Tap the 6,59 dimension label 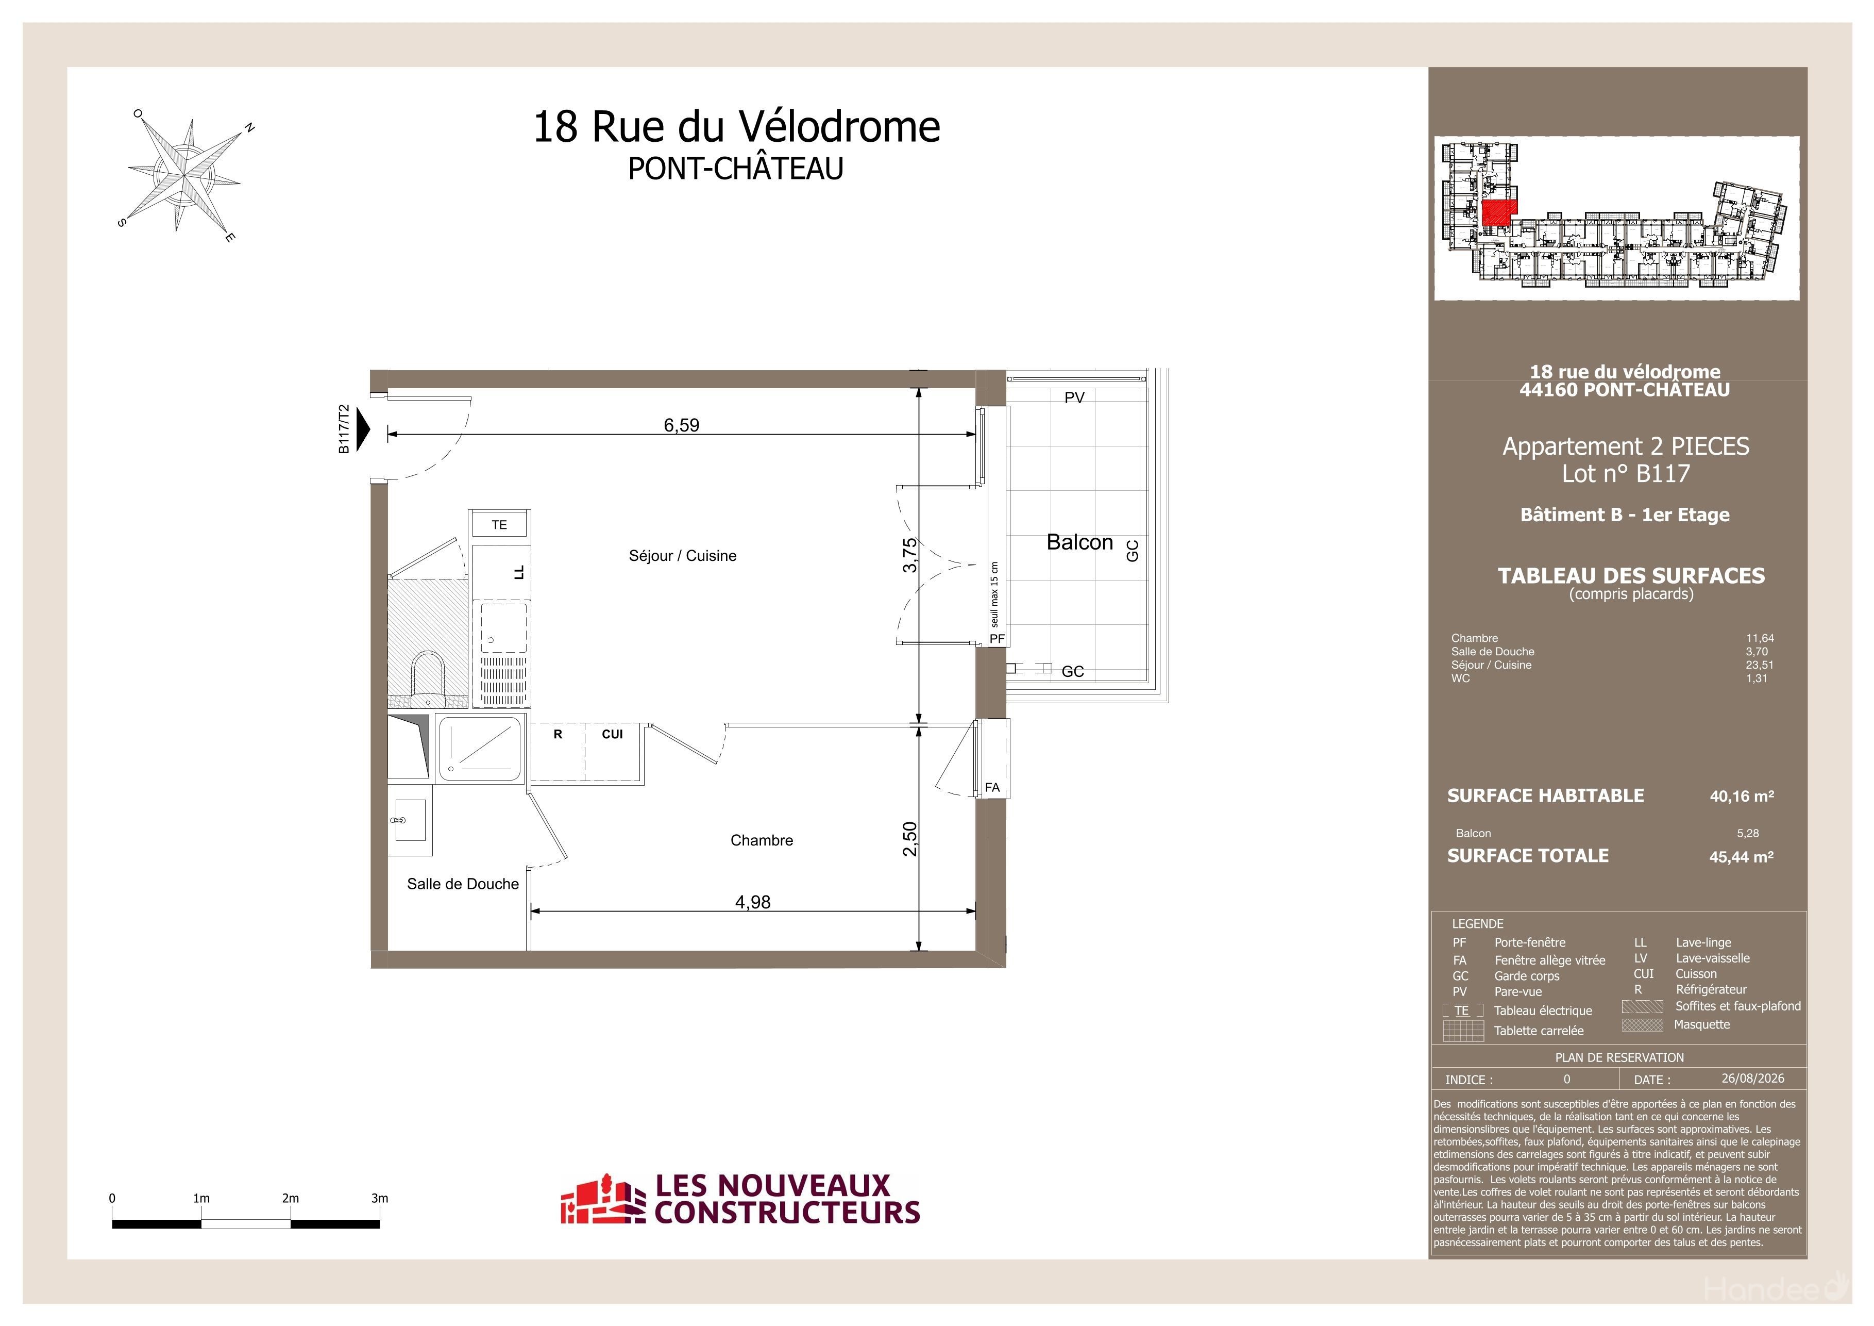[682, 425]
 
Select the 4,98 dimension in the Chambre [753, 902]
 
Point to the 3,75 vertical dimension [910, 555]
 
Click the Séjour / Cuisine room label [682, 556]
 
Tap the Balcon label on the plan [1080, 543]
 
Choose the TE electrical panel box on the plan [499, 524]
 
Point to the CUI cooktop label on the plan [612, 734]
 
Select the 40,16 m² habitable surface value [1742, 796]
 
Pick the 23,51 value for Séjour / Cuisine [1760, 665]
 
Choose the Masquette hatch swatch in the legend [1642, 1025]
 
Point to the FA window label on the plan [992, 788]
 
